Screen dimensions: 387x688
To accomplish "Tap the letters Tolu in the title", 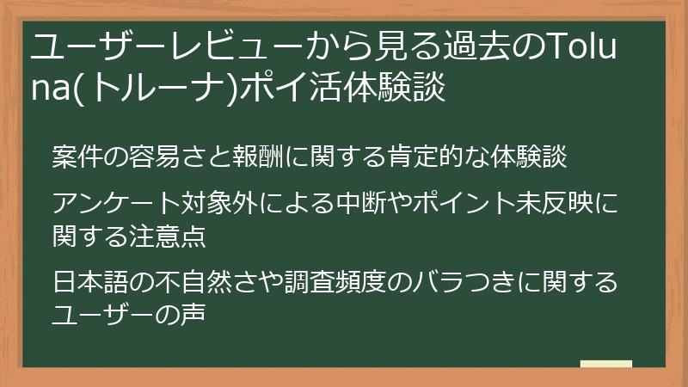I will tap(588, 46).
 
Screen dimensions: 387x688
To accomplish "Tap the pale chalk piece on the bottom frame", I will tap(605, 363).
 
